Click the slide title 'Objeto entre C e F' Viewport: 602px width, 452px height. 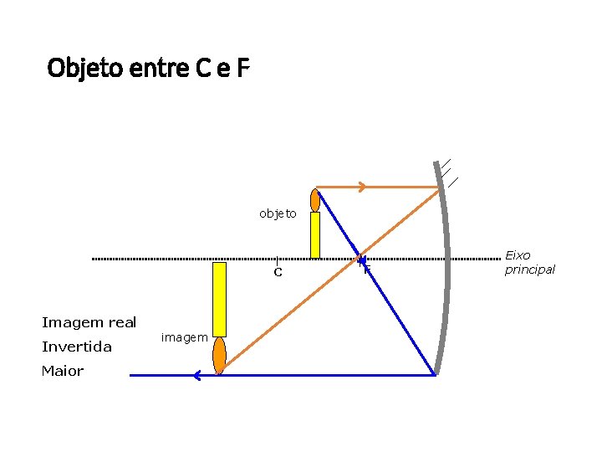[149, 67]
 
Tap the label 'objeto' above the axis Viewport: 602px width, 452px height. [278, 213]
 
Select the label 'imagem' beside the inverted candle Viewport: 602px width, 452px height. [184, 337]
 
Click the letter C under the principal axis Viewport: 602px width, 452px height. [278, 273]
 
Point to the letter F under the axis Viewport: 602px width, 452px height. [366, 270]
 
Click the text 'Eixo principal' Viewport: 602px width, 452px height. [529, 262]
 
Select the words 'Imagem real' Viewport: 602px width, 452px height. [89, 322]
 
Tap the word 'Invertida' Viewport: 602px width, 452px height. [77, 347]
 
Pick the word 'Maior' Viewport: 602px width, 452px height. [63, 371]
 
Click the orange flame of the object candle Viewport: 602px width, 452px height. [315, 200]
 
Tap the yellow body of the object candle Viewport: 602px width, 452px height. [315, 235]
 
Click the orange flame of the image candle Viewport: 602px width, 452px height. [219, 355]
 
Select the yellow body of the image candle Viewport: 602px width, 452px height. [219, 299]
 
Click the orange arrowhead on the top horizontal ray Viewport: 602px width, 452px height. [361, 187]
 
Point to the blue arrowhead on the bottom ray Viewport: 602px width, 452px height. [196, 376]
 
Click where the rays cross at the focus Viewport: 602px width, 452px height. [360, 259]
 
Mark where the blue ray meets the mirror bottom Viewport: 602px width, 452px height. [436, 374]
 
